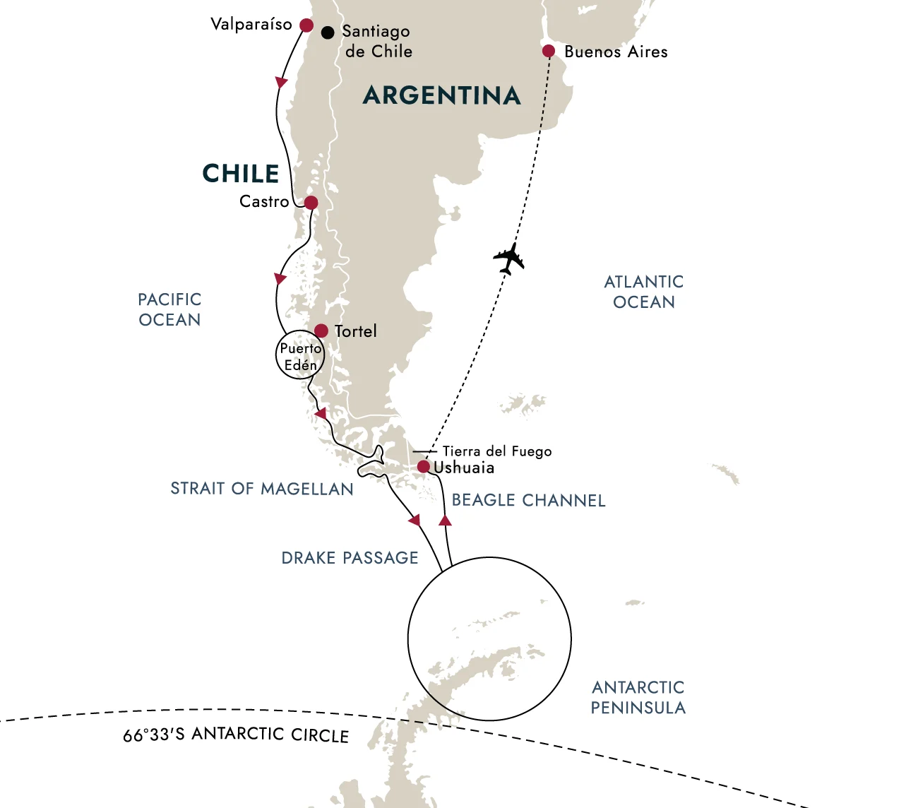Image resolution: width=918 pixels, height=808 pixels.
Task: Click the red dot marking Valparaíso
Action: pyautogui.click(x=306, y=25)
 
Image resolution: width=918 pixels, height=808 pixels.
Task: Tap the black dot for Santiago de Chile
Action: pyautogui.click(x=328, y=32)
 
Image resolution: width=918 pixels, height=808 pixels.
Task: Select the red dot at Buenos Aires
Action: pyautogui.click(x=549, y=51)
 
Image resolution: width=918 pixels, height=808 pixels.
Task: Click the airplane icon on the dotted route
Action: pyautogui.click(x=509, y=259)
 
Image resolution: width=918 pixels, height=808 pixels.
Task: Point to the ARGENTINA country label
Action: pyautogui.click(x=442, y=95)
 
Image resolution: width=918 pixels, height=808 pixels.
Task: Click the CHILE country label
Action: pyautogui.click(x=241, y=174)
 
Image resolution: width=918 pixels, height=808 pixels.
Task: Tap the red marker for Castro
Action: pyautogui.click(x=310, y=203)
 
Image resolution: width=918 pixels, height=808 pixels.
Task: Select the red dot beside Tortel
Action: pyautogui.click(x=321, y=331)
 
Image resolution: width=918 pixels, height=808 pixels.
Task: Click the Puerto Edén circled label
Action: pyautogui.click(x=300, y=356)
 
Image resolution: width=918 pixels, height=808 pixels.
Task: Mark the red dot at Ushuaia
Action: pyautogui.click(x=423, y=467)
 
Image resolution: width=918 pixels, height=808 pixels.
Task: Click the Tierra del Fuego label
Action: pyautogui.click(x=497, y=451)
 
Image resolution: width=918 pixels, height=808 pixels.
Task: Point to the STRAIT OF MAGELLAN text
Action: pyautogui.click(x=262, y=489)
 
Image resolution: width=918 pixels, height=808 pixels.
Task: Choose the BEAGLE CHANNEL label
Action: pyautogui.click(x=529, y=501)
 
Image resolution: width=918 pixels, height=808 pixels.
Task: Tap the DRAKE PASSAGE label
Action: pyautogui.click(x=350, y=558)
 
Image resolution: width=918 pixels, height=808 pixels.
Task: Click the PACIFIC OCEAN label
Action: pyautogui.click(x=169, y=309)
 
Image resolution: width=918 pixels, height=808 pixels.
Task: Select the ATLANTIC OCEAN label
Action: pyautogui.click(x=644, y=292)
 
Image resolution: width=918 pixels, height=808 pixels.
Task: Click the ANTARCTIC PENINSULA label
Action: pyautogui.click(x=638, y=698)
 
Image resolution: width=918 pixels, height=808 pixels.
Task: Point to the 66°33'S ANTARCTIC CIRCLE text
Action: pyautogui.click(x=236, y=735)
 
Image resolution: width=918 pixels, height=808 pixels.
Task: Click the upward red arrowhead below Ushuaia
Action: pyautogui.click(x=445, y=521)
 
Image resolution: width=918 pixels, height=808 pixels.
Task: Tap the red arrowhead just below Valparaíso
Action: pyautogui.click(x=281, y=83)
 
